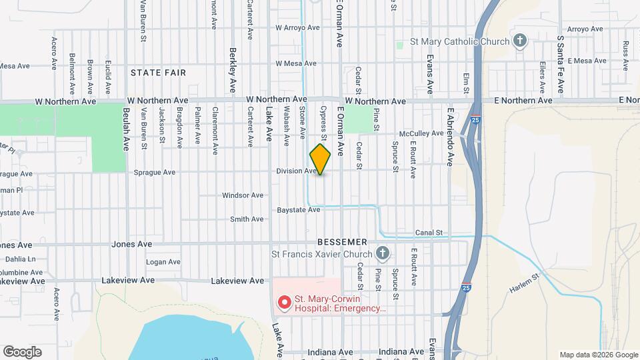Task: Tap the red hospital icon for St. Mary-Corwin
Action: click(284, 303)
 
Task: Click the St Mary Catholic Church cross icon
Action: click(519, 42)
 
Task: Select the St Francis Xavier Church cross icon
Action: click(382, 253)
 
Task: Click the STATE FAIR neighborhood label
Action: click(158, 72)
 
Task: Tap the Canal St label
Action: click(429, 233)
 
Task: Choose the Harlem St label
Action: click(526, 285)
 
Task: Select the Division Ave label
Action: click(297, 171)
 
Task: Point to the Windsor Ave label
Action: click(243, 195)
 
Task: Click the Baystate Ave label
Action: click(299, 209)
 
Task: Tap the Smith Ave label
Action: click(247, 219)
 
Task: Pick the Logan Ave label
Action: click(164, 262)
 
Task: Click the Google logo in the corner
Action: click(22, 351)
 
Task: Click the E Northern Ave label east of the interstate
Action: click(523, 101)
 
